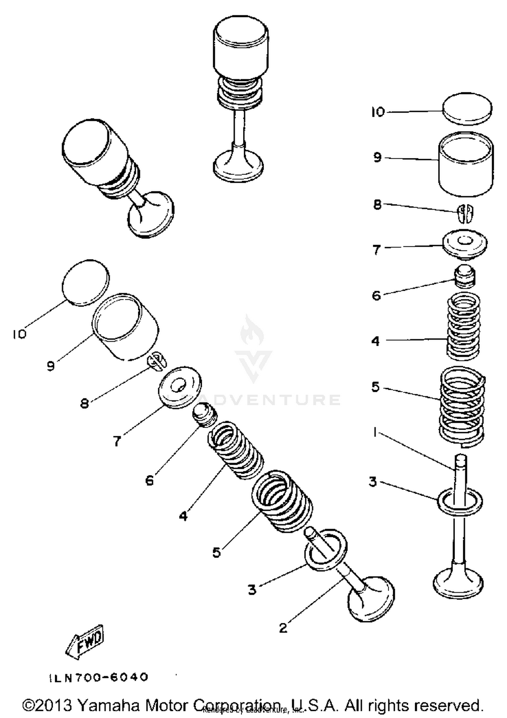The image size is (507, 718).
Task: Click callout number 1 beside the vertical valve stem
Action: coord(375,432)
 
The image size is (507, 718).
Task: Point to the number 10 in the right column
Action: coord(378,112)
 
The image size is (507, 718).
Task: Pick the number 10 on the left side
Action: coord(20,334)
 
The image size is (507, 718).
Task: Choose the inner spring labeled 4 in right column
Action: coord(463,327)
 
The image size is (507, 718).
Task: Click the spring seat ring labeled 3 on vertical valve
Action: coord(460,502)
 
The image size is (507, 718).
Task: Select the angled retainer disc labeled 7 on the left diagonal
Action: coord(180,387)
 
